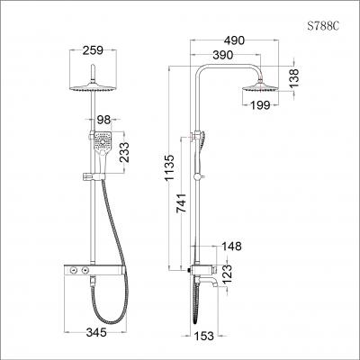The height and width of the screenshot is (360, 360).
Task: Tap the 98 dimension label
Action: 104,120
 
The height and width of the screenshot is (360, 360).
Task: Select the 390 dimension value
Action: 223,56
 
